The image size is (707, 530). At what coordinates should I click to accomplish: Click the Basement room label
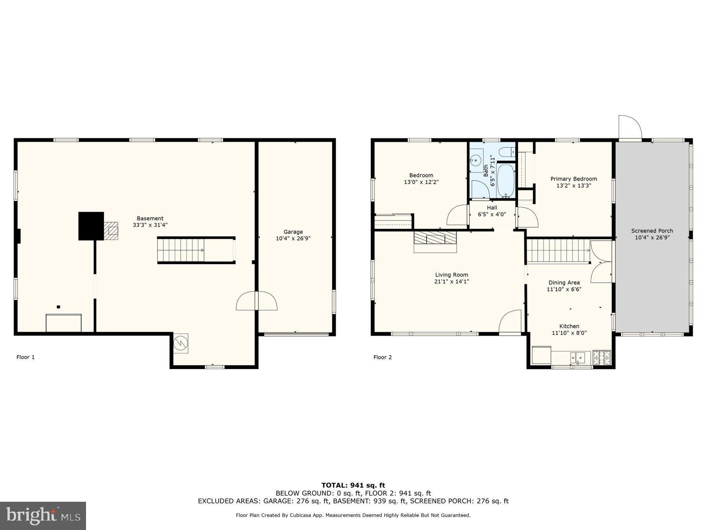click(150, 218)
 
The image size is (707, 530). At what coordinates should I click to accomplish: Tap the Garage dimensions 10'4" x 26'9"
click(293, 238)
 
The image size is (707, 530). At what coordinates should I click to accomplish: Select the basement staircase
click(181, 250)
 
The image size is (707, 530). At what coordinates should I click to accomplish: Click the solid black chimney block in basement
click(91, 226)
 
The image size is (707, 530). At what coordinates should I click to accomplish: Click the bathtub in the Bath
click(506, 181)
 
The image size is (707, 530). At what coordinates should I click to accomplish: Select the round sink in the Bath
click(476, 160)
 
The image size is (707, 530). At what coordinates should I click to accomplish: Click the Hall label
click(492, 208)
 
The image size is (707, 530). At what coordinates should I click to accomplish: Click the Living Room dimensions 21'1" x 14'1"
click(451, 281)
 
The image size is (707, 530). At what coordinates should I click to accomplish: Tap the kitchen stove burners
click(602, 357)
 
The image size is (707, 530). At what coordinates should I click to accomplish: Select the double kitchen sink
click(578, 357)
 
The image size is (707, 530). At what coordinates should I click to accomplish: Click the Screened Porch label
click(652, 231)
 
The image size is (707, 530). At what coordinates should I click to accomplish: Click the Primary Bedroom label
click(573, 179)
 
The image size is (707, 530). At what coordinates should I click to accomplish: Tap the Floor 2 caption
click(382, 357)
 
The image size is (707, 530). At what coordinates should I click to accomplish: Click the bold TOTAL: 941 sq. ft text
click(353, 485)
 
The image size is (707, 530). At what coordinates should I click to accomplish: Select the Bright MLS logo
click(43, 515)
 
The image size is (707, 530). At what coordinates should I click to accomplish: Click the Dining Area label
click(564, 282)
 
